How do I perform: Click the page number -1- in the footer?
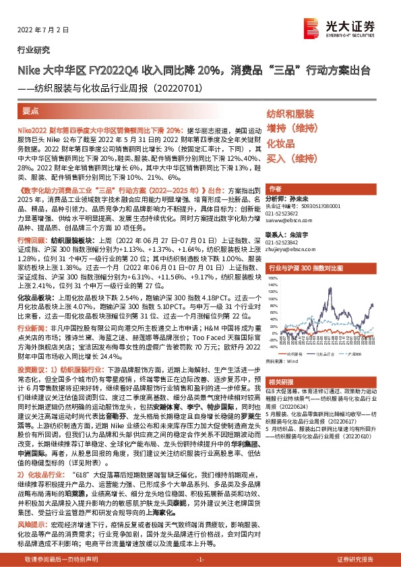(x=200, y=560)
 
